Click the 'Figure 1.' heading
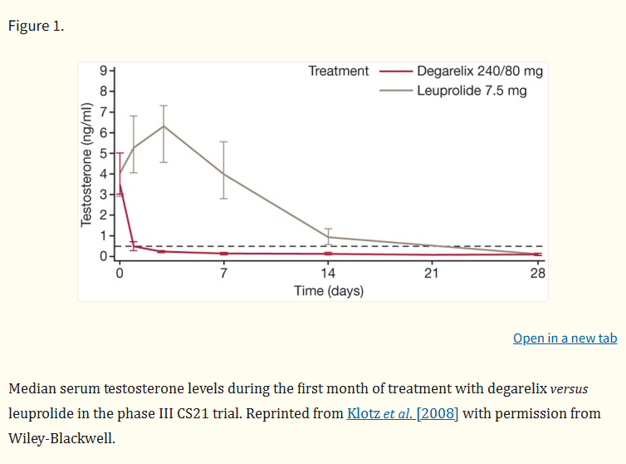coord(36,25)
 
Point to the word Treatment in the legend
coord(338,72)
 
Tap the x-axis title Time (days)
coord(328,291)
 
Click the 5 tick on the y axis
coord(103,153)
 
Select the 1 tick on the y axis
coord(103,235)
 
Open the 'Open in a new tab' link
coord(565,338)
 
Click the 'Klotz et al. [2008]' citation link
coord(403,413)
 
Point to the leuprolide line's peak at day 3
coord(164,126)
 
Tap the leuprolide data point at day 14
coord(328,237)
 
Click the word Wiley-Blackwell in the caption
coord(61,437)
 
